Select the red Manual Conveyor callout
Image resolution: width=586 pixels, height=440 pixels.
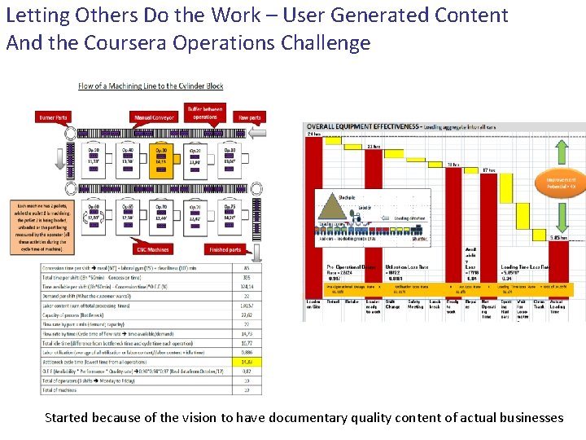154,118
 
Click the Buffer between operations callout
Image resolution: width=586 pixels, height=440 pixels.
205,113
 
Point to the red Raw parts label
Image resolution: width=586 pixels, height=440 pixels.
249,118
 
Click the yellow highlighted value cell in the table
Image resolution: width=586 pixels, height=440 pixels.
247,360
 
